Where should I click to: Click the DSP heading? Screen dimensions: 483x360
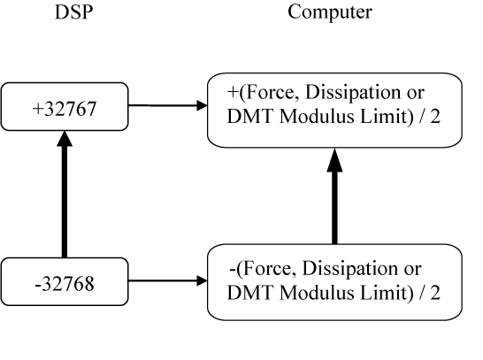[x=73, y=12]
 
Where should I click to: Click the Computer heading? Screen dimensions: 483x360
[x=330, y=12]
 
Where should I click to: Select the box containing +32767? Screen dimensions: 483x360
[x=65, y=106]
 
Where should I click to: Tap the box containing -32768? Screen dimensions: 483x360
[x=65, y=281]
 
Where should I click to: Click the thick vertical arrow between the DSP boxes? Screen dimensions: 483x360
[x=65, y=195]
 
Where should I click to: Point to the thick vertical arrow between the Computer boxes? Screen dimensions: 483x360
[x=335, y=195]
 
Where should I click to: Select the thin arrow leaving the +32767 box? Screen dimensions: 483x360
[x=168, y=105]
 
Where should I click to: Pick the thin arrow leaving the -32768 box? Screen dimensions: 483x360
[x=168, y=280]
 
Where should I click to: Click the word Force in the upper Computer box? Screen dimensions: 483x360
[x=271, y=92]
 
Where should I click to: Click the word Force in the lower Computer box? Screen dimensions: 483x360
[x=268, y=269]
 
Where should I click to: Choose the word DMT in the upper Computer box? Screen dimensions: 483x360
[x=250, y=117]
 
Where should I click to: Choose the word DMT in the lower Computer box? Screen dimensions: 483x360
[x=250, y=292]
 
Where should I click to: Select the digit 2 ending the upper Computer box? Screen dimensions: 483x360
[x=435, y=117]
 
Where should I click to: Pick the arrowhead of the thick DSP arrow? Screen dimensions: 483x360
[x=65, y=139]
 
